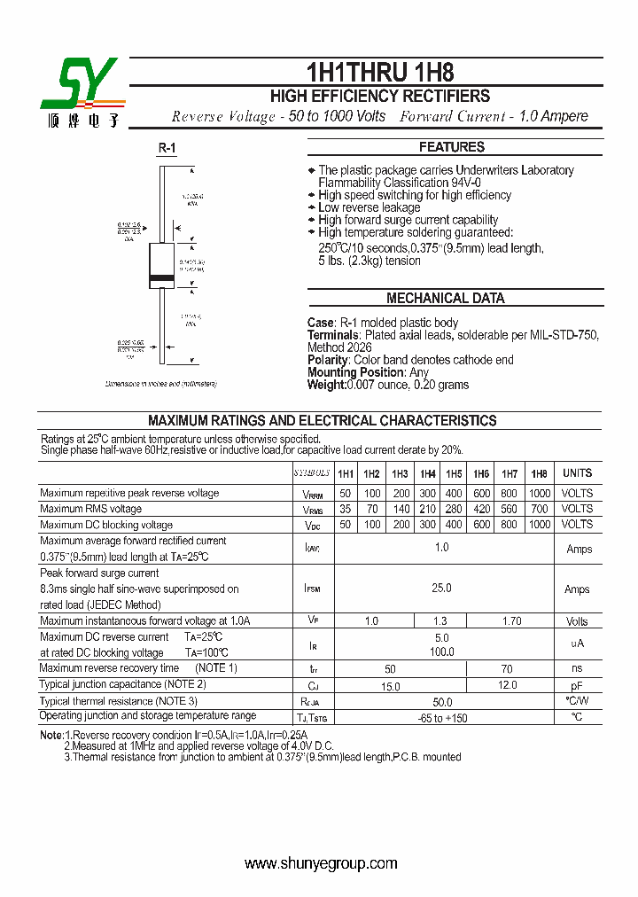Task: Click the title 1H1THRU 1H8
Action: [x=380, y=72]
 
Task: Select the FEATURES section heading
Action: [x=452, y=147]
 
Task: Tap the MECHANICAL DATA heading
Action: [x=446, y=299]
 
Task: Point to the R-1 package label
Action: [x=167, y=148]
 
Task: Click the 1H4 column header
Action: [x=427, y=474]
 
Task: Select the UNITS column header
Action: [x=577, y=473]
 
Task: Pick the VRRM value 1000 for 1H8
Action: [x=539, y=494]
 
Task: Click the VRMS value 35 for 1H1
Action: [x=346, y=510]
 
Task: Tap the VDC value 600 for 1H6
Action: [x=481, y=525]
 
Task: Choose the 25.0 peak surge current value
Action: [x=441, y=588]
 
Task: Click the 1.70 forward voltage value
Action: [x=511, y=621]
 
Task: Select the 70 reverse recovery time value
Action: [x=506, y=669]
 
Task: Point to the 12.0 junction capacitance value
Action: [x=508, y=686]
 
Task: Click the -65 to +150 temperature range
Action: [x=443, y=718]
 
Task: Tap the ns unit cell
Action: [x=577, y=669]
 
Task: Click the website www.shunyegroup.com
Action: [x=320, y=863]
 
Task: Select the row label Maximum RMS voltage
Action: [x=91, y=509]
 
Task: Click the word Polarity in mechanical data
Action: [x=327, y=360]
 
